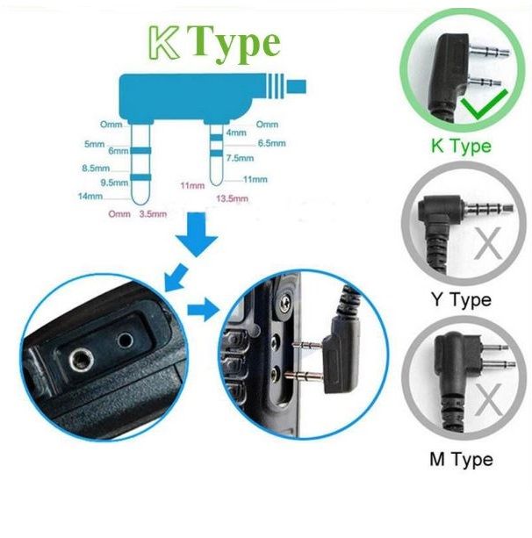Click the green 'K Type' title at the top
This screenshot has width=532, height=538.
(x=213, y=42)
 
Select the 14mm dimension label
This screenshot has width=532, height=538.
(x=90, y=196)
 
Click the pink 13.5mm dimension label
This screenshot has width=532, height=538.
(x=233, y=198)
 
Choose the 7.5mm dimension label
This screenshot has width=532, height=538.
(x=241, y=158)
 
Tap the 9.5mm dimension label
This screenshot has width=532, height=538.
(x=113, y=182)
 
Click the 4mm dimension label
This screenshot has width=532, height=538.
(x=236, y=133)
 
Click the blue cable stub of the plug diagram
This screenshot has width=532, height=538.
(x=297, y=86)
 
